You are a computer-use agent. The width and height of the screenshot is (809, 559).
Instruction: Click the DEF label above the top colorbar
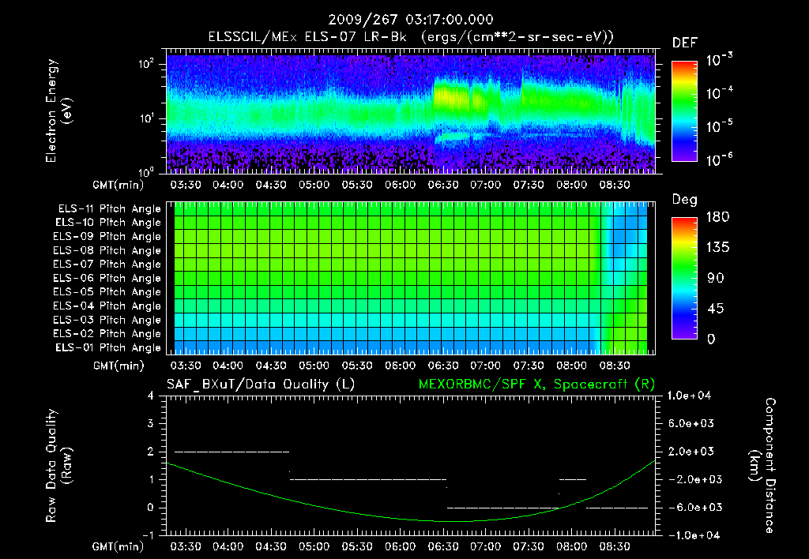point(684,43)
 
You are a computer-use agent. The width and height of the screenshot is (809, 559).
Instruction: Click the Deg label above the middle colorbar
point(684,200)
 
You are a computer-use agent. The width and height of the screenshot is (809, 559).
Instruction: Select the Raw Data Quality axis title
point(58,465)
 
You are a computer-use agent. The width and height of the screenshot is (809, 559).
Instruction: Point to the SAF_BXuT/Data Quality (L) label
point(260,384)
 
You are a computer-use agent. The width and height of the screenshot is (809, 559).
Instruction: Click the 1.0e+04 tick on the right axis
point(692,396)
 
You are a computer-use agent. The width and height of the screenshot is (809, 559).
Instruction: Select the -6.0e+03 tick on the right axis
point(692,507)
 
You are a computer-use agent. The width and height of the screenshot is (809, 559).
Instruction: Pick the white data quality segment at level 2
point(231,452)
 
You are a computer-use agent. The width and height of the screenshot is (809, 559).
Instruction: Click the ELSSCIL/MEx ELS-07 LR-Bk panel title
point(411,37)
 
